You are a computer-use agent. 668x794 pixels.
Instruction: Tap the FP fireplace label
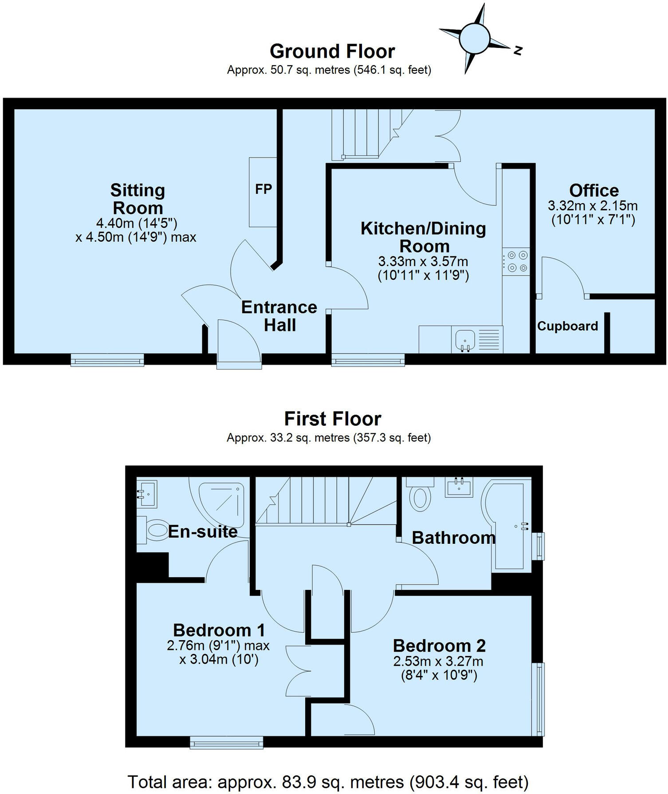click(263, 189)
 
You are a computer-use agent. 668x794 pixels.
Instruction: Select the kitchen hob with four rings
click(516, 262)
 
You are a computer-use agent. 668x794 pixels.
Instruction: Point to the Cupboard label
click(567, 326)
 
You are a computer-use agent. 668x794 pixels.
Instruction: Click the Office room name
click(593, 190)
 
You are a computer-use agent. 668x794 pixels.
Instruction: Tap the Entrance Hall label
click(279, 316)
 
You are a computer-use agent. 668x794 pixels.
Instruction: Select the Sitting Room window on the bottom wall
click(107, 360)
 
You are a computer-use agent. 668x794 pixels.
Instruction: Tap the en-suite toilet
click(155, 530)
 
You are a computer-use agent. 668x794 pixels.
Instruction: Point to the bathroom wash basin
click(459, 487)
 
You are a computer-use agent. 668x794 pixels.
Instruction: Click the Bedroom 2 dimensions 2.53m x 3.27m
click(438, 661)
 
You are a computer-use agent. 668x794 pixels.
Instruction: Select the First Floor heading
click(332, 419)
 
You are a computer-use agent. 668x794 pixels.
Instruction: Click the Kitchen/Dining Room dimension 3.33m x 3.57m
click(423, 261)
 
